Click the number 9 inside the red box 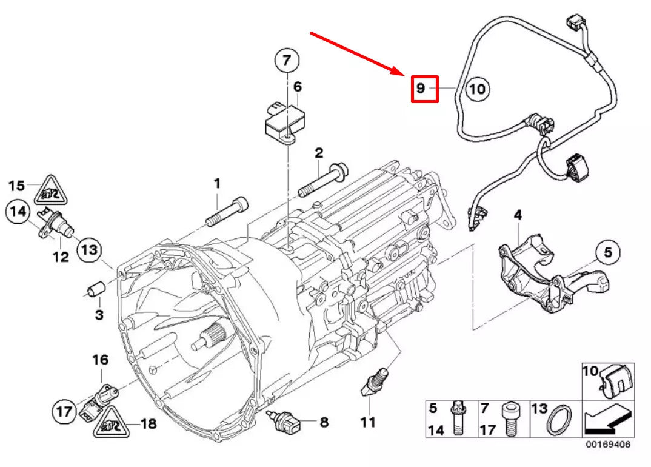[x=421, y=89]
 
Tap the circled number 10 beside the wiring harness [x=477, y=89]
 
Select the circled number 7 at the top [x=287, y=61]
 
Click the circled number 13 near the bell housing [x=88, y=249]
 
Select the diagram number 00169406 [x=607, y=445]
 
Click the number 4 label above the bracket [x=518, y=215]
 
